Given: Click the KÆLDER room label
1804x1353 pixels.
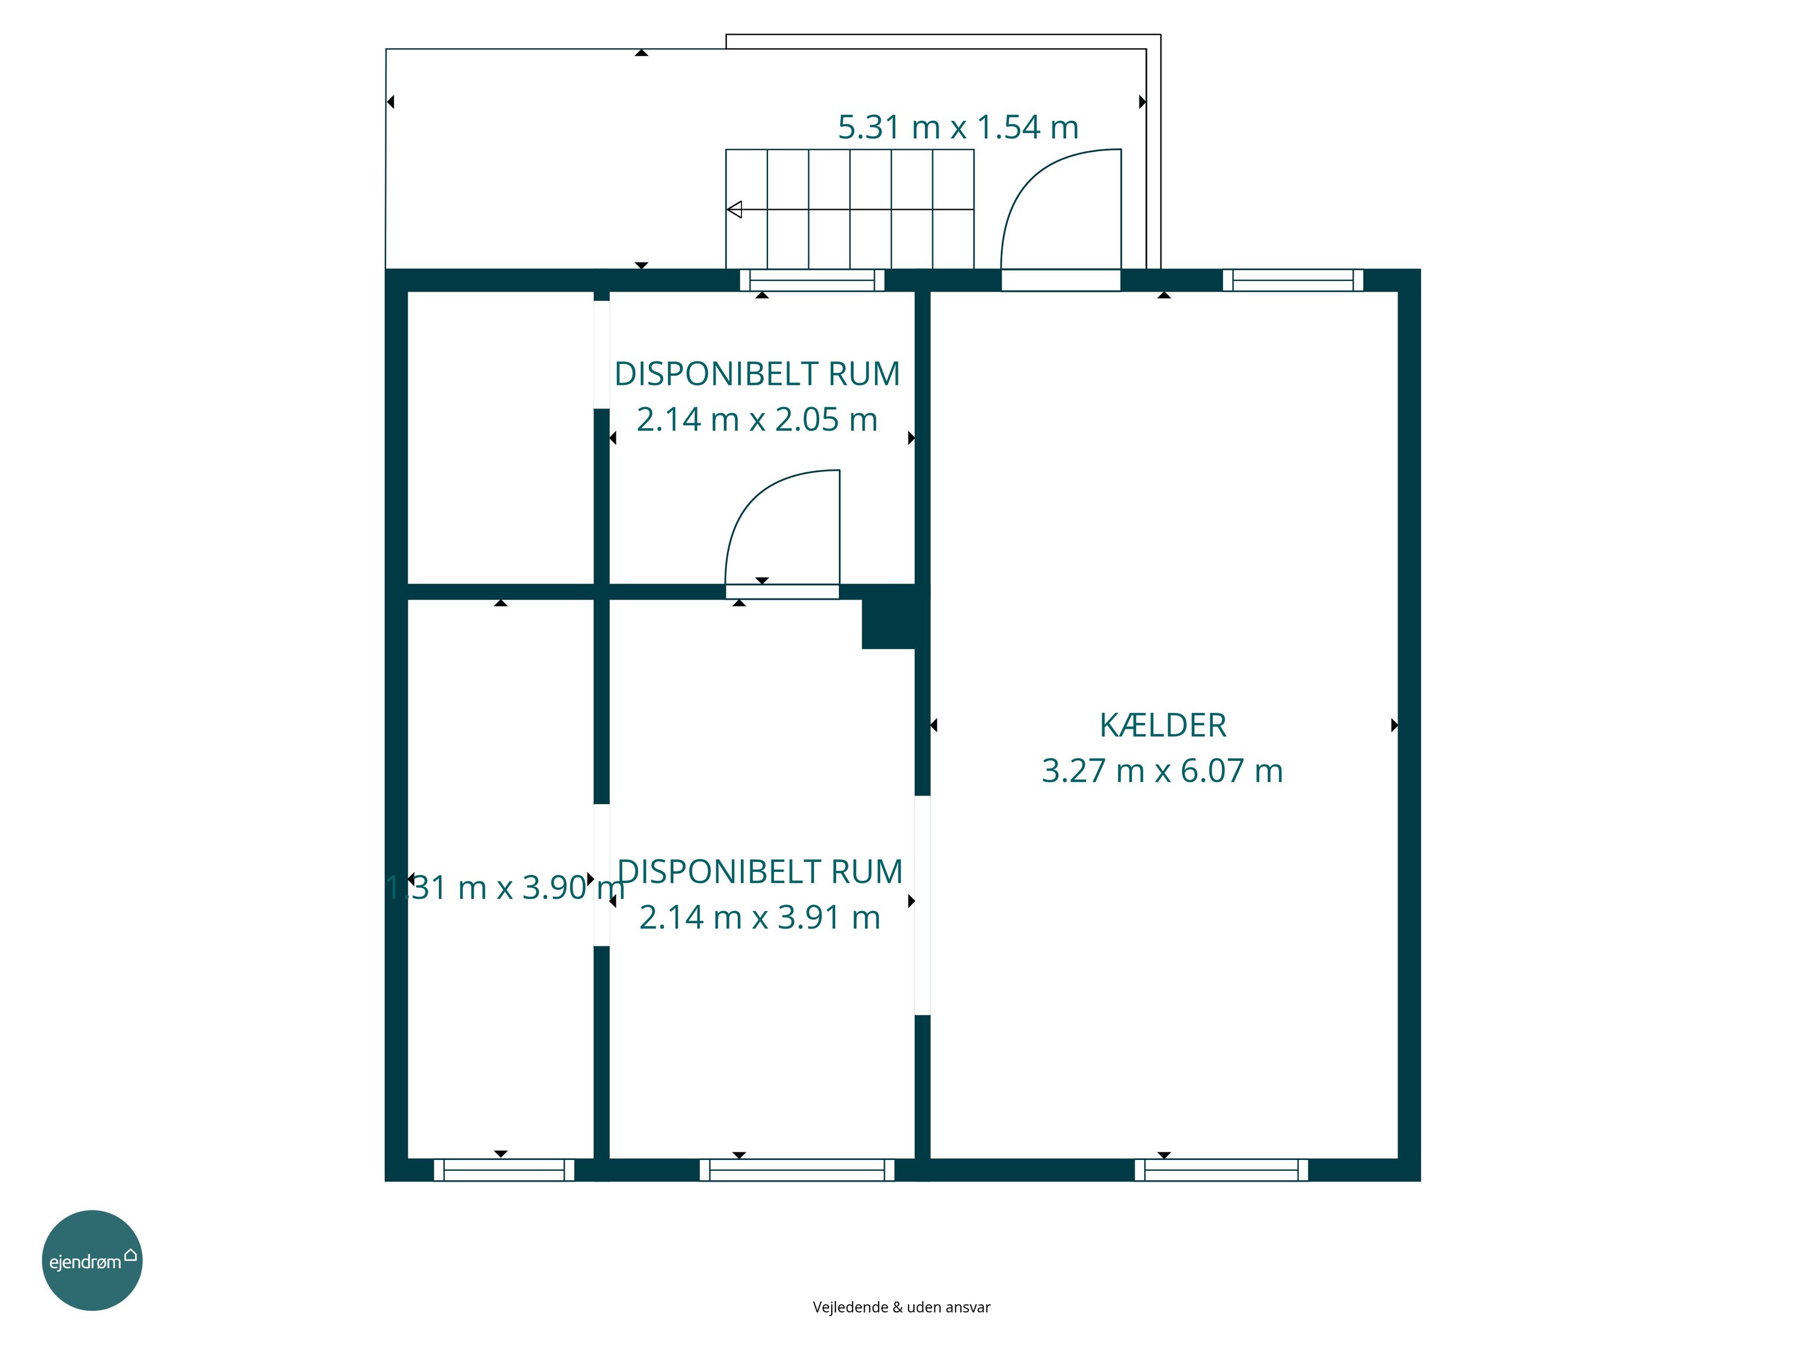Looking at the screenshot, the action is click(1162, 725).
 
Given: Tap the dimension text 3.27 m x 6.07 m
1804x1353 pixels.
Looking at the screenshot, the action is click(1162, 771).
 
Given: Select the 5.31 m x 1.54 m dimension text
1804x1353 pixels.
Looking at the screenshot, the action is click(959, 127).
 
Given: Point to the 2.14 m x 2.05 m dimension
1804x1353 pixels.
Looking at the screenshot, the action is click(757, 419).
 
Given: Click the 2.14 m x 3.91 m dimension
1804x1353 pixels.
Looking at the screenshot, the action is click(759, 918).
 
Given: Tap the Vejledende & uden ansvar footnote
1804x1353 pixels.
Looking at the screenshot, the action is click(901, 1307).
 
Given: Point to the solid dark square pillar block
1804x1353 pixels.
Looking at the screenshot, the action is click(889, 624).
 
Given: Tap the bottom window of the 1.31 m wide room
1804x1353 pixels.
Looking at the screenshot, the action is click(504, 1170).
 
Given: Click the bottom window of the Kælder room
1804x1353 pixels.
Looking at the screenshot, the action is click(1221, 1170).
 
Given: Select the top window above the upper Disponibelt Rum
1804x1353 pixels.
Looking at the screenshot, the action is click(811, 280).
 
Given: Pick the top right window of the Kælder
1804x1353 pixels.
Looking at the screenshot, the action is click(1293, 280).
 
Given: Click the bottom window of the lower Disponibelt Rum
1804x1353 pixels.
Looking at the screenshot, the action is click(797, 1170).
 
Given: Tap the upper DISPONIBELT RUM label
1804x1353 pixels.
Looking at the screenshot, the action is click(757, 373).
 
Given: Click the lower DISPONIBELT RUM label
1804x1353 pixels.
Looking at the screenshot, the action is click(760, 872).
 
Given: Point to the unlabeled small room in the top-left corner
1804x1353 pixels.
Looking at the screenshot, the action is click(500, 437).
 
